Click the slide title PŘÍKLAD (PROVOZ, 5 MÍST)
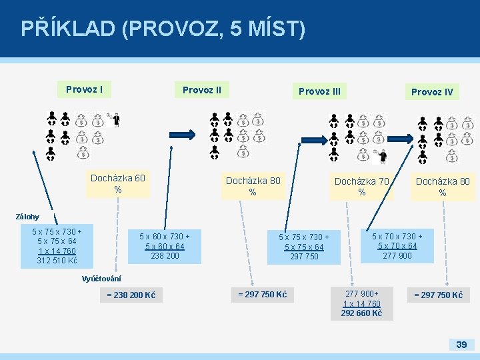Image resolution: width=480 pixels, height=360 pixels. (163, 29)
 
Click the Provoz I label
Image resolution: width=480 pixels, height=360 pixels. (84, 89)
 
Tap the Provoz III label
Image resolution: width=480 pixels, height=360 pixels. (319, 91)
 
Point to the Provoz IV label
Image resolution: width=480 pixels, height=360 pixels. (432, 92)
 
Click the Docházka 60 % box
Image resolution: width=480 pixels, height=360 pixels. (117, 184)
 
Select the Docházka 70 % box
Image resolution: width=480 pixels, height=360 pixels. (361, 187)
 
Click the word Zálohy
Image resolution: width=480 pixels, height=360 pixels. (27, 217)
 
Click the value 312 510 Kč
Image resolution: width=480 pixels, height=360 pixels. (57, 261)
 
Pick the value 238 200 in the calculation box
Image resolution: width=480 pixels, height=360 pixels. (165, 256)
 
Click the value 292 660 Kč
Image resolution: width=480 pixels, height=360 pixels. (361, 313)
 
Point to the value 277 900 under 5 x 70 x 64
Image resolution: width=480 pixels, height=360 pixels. (397, 256)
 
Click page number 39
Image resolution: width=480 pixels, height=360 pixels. (461, 344)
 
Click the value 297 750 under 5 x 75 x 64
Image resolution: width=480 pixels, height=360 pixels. (304, 257)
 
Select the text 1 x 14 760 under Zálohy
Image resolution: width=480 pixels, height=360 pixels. (57, 251)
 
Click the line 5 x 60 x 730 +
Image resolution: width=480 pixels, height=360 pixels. (165, 236)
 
